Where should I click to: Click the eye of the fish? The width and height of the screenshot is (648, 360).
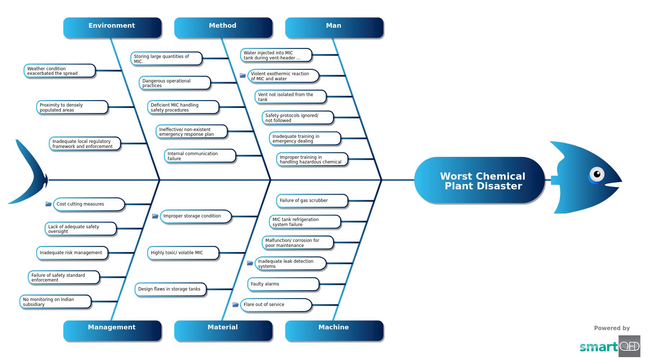point(597,174)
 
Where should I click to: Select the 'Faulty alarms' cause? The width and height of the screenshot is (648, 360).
point(283,284)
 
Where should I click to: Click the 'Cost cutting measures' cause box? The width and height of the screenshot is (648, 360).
point(89,204)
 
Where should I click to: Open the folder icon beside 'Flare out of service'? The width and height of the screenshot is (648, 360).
point(235,305)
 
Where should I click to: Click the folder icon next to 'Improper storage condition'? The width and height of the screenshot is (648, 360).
point(155,216)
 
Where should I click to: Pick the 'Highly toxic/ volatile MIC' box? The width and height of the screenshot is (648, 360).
point(183,253)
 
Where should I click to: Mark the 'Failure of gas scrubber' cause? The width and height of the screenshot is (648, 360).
point(312,201)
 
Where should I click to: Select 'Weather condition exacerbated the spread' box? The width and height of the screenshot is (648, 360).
point(59,71)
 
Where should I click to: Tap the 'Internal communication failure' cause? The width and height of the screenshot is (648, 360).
point(200,156)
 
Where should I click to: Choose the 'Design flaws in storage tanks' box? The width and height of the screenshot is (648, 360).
point(170,289)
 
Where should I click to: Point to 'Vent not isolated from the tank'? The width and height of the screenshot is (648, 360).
point(290,97)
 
